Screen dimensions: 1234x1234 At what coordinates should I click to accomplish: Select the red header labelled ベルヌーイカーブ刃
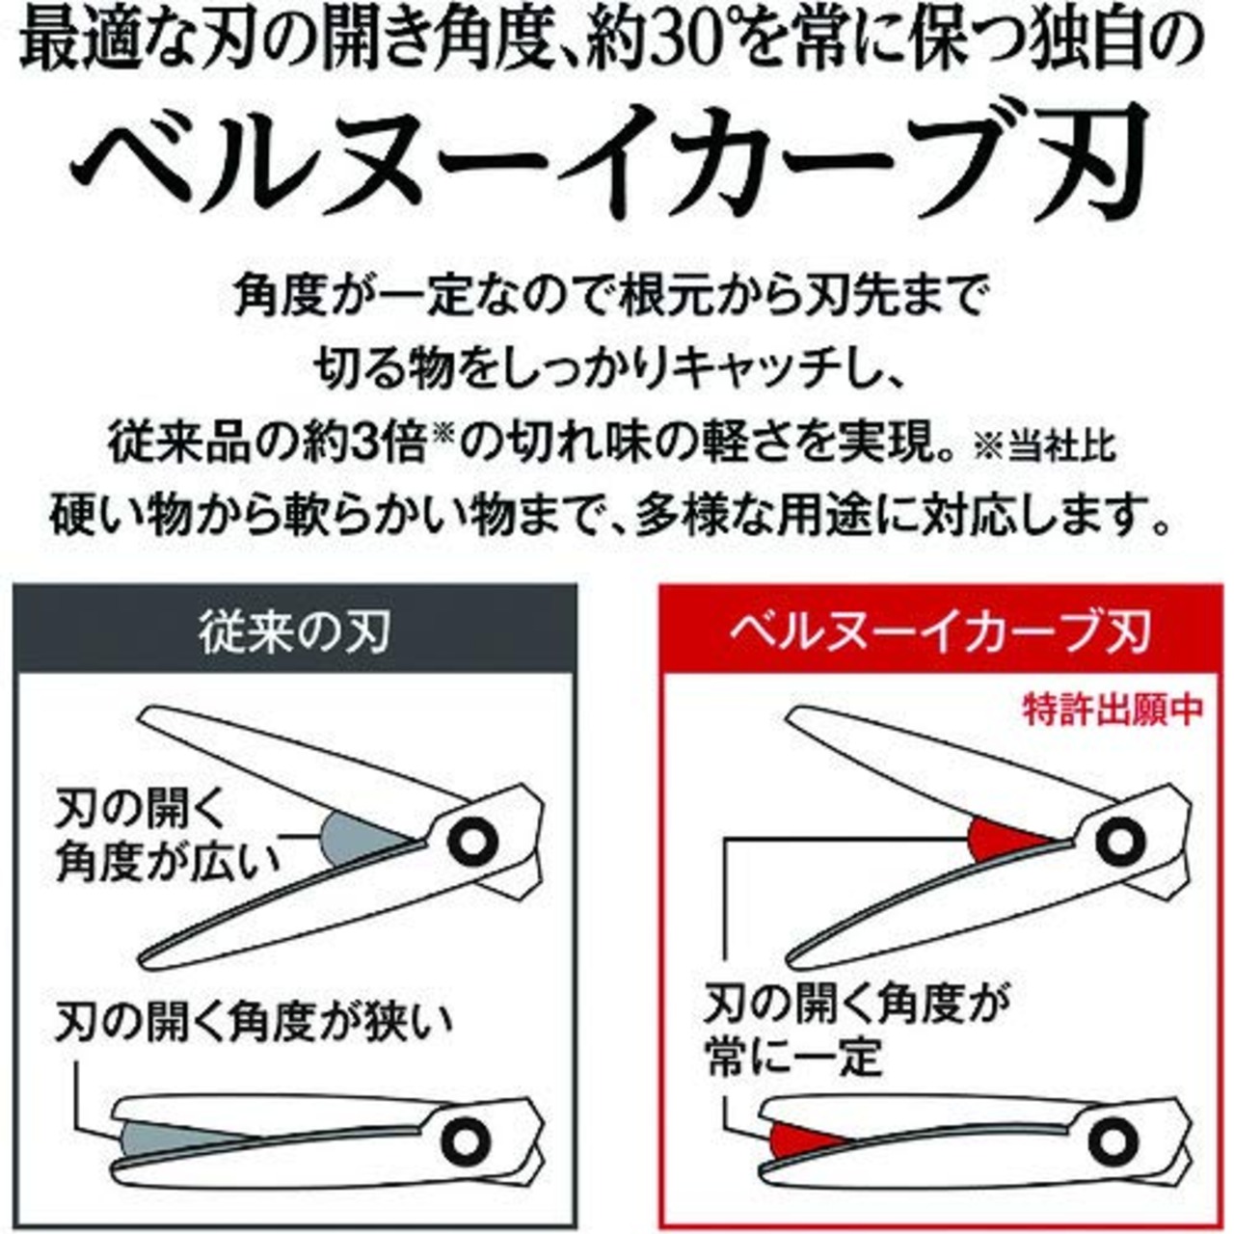[939, 633]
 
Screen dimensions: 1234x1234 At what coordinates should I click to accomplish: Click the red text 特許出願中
[1112, 710]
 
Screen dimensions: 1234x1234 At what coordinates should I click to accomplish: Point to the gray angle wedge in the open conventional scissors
[352, 839]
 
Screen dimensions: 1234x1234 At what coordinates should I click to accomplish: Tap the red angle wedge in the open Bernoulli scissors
[1003, 841]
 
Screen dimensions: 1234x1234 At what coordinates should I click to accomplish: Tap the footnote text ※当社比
[1045, 448]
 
